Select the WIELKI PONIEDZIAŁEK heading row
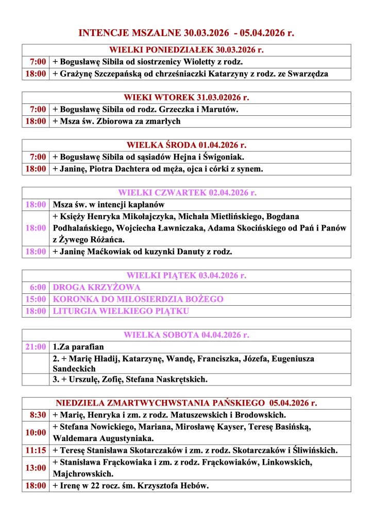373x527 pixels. (186, 50)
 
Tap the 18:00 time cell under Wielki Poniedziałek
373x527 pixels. (36, 74)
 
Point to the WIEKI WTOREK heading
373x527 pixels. (186, 98)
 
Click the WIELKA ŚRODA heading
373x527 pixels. (186, 145)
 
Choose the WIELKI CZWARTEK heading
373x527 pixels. (186, 193)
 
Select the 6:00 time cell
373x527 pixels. (37, 287)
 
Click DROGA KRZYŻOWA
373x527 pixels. (96, 287)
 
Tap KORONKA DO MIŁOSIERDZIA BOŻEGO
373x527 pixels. (138, 299)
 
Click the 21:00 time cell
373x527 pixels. (36, 347)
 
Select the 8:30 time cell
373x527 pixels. (37, 415)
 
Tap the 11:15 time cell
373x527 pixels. (36, 450)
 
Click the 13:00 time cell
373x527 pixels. (36, 468)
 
